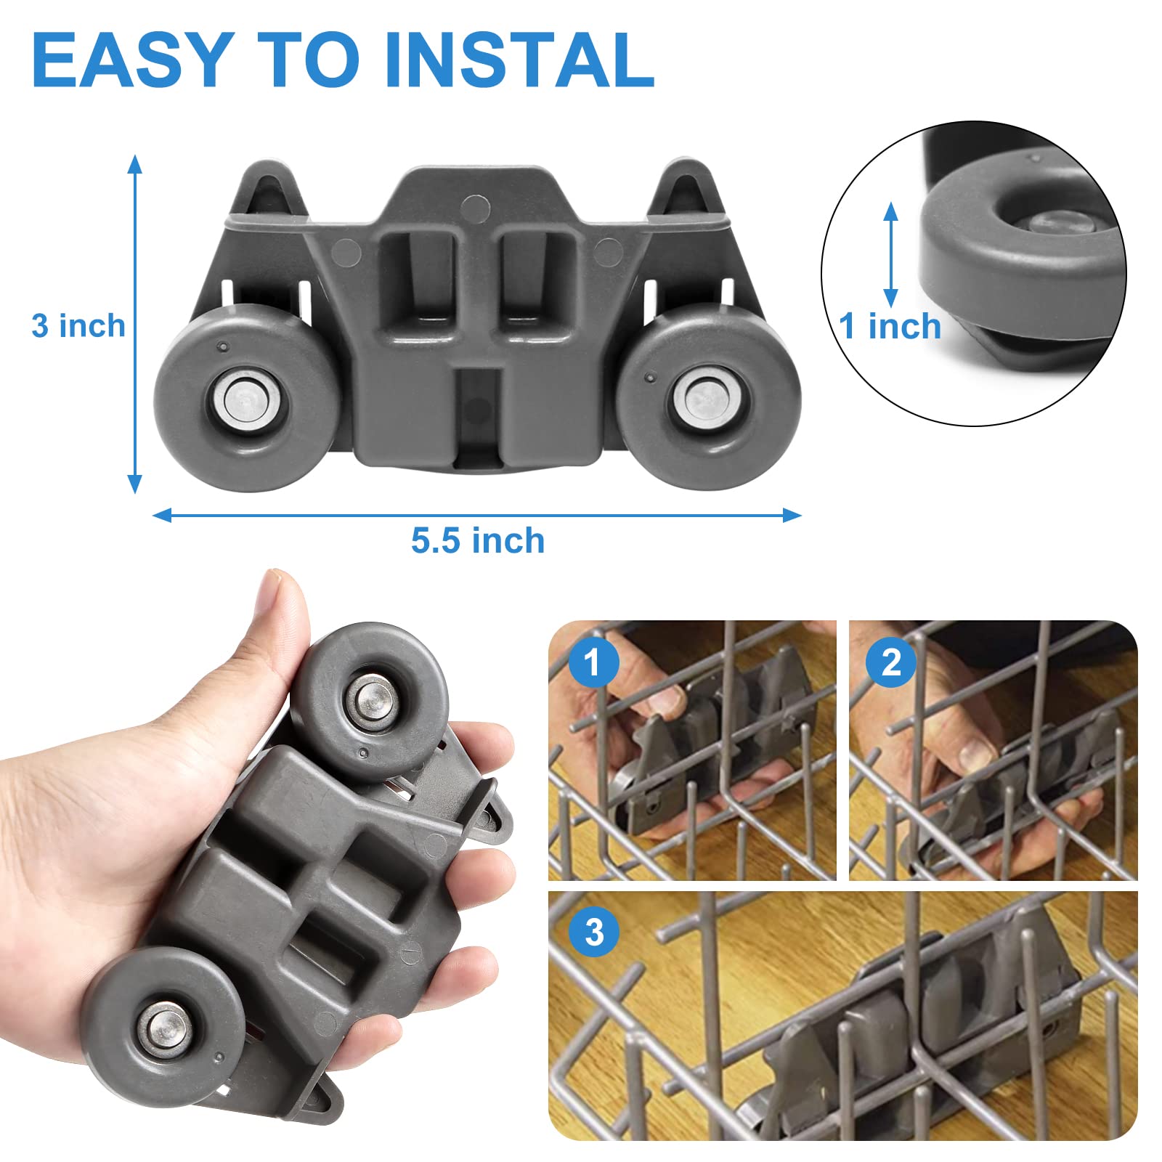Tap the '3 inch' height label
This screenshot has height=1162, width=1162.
[x=78, y=326]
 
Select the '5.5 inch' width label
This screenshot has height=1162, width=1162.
[x=478, y=541]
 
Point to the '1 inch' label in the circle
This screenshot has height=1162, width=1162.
[x=890, y=326]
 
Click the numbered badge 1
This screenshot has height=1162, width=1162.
[x=593, y=662]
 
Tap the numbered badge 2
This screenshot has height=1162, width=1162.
[x=891, y=662]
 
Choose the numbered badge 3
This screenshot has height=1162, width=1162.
[x=594, y=932]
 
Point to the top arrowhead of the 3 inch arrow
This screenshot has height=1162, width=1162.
[x=134, y=164]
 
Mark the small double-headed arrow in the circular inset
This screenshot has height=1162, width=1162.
[x=890, y=254]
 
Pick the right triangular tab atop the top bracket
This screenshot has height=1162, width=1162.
[x=686, y=187]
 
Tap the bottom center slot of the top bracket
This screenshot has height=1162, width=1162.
[x=478, y=418]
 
